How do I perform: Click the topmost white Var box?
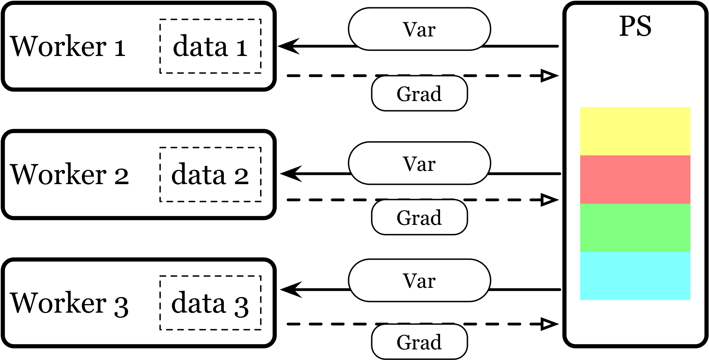(x=419, y=29)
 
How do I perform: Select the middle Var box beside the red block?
(x=419, y=163)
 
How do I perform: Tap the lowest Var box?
(x=419, y=281)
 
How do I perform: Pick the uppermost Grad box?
(x=419, y=93)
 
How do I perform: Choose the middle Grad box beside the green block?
(x=419, y=217)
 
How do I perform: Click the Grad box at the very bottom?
(x=419, y=342)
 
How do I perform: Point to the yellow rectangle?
(x=635, y=131)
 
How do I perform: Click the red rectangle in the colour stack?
(x=635, y=180)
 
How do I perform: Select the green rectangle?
(x=635, y=228)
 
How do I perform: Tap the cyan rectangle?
(x=635, y=276)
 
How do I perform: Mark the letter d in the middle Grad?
(x=435, y=218)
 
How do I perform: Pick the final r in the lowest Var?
(x=431, y=282)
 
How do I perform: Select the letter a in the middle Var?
(x=422, y=165)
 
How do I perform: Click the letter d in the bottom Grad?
(x=435, y=342)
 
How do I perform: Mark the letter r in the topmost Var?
(x=431, y=31)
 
